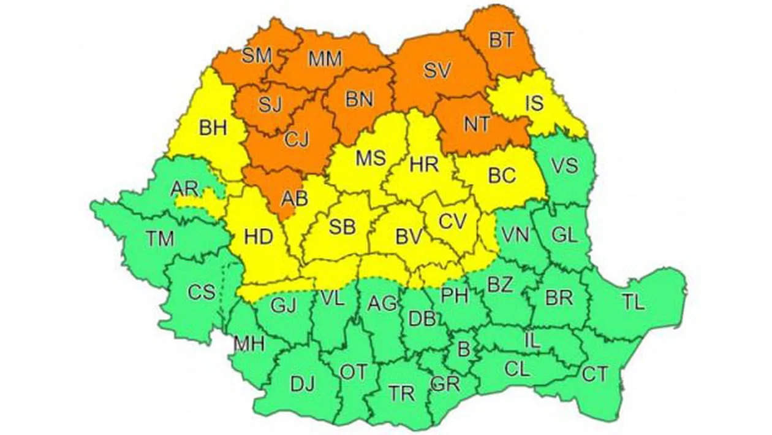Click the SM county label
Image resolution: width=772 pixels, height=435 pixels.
coord(257,56)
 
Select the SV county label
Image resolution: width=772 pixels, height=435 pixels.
coord(437,71)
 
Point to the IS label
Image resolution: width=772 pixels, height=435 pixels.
coord(534,102)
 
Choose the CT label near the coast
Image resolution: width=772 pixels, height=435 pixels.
coord(594,374)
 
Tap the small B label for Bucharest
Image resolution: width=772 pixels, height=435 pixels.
coord(464,350)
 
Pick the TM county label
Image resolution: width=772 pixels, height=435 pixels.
coord(161,239)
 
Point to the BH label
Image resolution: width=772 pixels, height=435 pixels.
coord(213,129)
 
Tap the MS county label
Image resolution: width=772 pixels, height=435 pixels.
coord(370,158)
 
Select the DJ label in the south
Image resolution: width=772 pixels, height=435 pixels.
coord(302,385)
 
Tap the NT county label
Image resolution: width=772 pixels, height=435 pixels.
coord(477,124)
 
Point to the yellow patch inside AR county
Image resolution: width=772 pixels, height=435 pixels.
coord(205,199)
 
